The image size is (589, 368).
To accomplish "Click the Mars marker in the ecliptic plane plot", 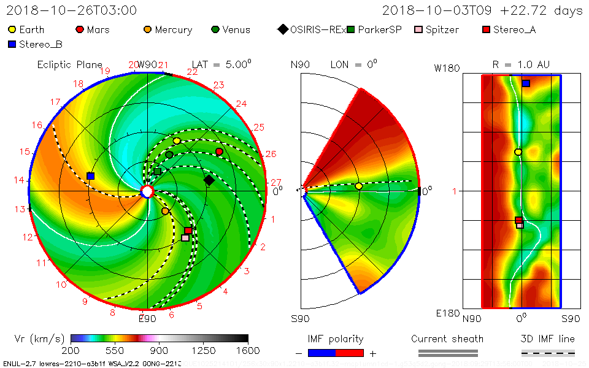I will coord(219,151).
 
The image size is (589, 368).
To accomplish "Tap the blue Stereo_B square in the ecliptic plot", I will coord(91,176).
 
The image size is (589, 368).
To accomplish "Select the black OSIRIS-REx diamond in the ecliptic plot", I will coord(209,180).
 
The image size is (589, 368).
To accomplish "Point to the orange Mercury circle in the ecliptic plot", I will coord(165,211).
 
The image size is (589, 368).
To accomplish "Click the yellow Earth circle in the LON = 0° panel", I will coord(359,186).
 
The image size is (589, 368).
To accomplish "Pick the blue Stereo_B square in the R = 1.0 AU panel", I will coord(526,83).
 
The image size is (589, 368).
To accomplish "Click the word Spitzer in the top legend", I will coord(443,29).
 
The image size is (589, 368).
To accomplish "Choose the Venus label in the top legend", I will coord(236,29).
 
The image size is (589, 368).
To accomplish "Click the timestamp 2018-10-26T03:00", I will coord(72,10).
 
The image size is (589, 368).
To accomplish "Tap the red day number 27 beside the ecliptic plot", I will coord(275,182).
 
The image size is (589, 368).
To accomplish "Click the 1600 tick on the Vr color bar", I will coord(248,350).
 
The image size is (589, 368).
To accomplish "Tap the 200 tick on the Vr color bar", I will coord(71,350).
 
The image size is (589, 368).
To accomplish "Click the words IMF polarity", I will coord(336,339).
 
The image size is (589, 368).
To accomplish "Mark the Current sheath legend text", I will coord(447,339).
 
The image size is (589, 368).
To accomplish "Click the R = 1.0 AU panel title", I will coord(521,64).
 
